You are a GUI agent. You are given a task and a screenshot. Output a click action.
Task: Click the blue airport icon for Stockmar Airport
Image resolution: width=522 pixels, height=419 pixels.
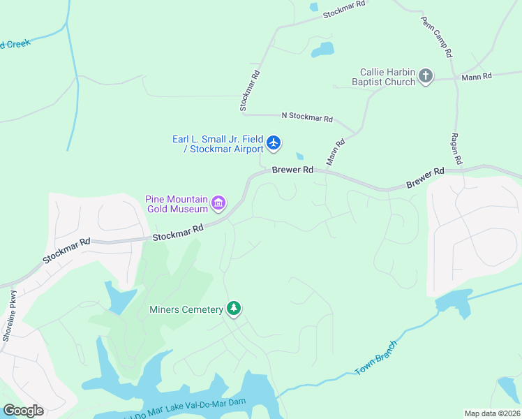[274, 143]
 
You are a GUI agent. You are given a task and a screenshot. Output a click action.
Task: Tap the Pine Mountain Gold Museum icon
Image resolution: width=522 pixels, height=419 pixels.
[218, 204]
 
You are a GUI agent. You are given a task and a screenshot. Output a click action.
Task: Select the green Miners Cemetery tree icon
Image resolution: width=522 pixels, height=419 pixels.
[234, 309]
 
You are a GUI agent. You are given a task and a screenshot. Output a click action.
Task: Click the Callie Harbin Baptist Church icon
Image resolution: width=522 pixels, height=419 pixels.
[425, 77]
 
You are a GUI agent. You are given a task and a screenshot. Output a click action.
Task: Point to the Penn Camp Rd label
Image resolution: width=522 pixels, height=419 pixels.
[438, 38]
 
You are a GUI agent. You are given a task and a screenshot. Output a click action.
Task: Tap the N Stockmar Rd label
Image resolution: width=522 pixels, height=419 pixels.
[306, 117]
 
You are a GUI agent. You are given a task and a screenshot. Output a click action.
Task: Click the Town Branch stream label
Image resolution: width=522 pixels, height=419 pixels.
[375, 358]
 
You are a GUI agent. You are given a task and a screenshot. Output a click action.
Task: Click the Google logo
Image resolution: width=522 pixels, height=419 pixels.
[23, 410]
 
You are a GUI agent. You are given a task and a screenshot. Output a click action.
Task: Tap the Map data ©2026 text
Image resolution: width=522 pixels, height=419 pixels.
[491, 413]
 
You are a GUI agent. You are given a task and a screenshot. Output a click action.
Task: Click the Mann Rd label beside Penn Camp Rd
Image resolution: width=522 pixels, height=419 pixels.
[477, 75]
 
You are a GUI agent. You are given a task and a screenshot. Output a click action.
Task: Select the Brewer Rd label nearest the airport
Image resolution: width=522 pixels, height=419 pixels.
[292, 170]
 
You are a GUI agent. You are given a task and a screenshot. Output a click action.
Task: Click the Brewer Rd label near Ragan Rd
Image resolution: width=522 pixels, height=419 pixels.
[426, 179]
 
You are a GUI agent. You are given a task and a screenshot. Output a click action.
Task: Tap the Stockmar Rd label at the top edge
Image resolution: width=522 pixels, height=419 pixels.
[343, 8]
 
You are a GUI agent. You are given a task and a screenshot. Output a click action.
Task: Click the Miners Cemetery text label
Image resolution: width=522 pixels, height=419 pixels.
[185, 309]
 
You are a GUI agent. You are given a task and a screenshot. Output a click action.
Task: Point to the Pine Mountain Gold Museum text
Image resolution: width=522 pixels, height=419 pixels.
[177, 204]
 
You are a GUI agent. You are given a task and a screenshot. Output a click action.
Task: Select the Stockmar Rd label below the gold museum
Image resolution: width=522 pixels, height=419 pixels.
[178, 233]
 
